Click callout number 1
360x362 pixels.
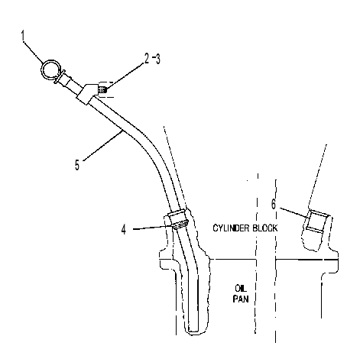click(x=24, y=35)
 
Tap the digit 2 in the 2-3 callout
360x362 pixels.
click(x=147, y=59)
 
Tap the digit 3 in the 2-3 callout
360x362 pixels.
click(x=157, y=59)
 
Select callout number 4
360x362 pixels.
click(x=124, y=229)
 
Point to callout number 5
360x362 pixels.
click(x=77, y=164)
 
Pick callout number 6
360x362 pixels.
click(x=274, y=204)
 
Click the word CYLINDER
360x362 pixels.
click(x=231, y=228)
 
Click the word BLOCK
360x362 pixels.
click(x=265, y=228)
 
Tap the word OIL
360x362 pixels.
click(x=241, y=289)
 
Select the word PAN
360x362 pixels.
click(x=241, y=299)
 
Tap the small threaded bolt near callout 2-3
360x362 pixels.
click(x=102, y=90)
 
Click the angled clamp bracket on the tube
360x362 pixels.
click(x=86, y=93)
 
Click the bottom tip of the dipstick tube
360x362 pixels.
click(x=193, y=331)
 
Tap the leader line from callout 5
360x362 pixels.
click(x=102, y=145)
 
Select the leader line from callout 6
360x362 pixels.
click(x=294, y=212)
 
